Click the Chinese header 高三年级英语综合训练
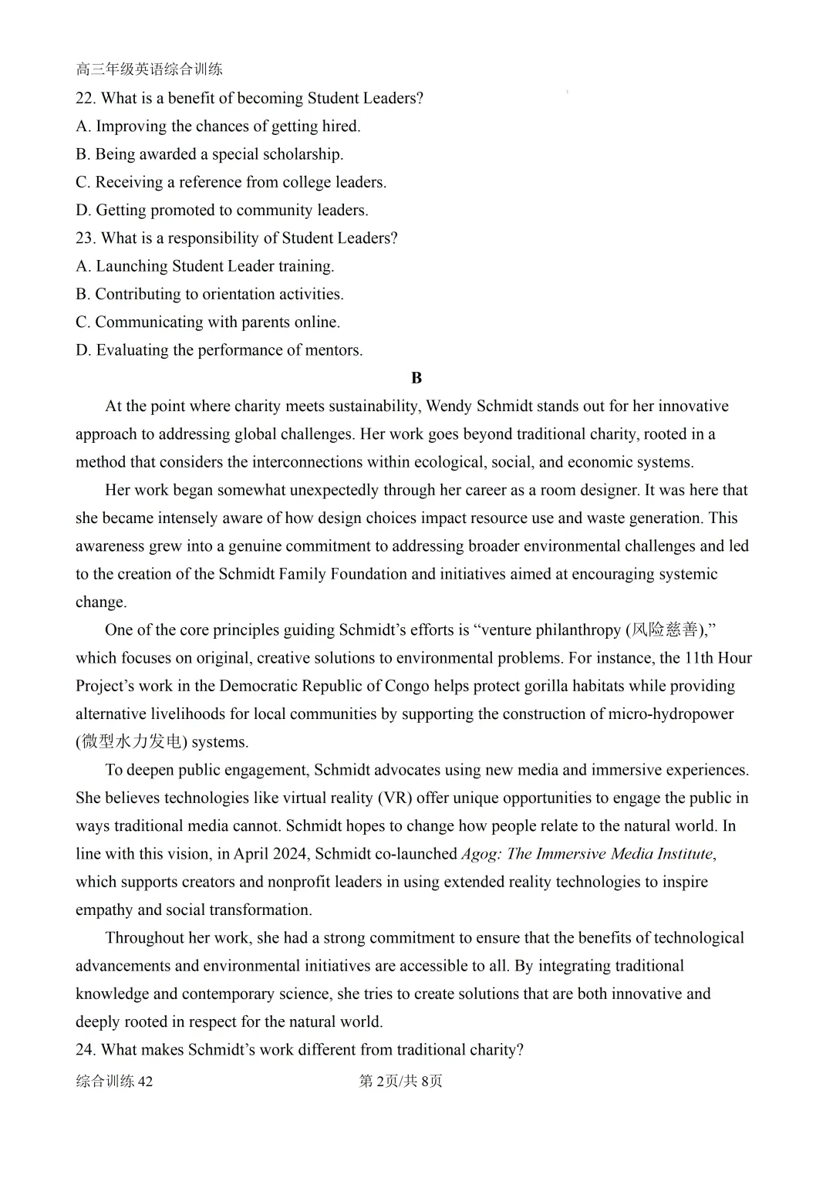pyautogui.click(x=149, y=69)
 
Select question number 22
pyautogui.click(x=85, y=98)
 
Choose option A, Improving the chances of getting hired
pyautogui.click(x=218, y=126)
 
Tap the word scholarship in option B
pyautogui.click(x=303, y=154)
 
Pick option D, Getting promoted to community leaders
pyautogui.click(x=222, y=210)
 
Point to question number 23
pyautogui.click(x=85, y=238)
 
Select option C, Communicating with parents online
pyautogui.click(x=208, y=322)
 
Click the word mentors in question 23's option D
pyautogui.click(x=334, y=350)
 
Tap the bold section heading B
pyautogui.click(x=416, y=378)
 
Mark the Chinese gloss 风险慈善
pyautogui.click(x=664, y=630)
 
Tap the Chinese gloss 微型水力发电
pyautogui.click(x=131, y=742)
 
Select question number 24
pyautogui.click(x=85, y=1050)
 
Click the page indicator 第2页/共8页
pyautogui.click(x=401, y=1082)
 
